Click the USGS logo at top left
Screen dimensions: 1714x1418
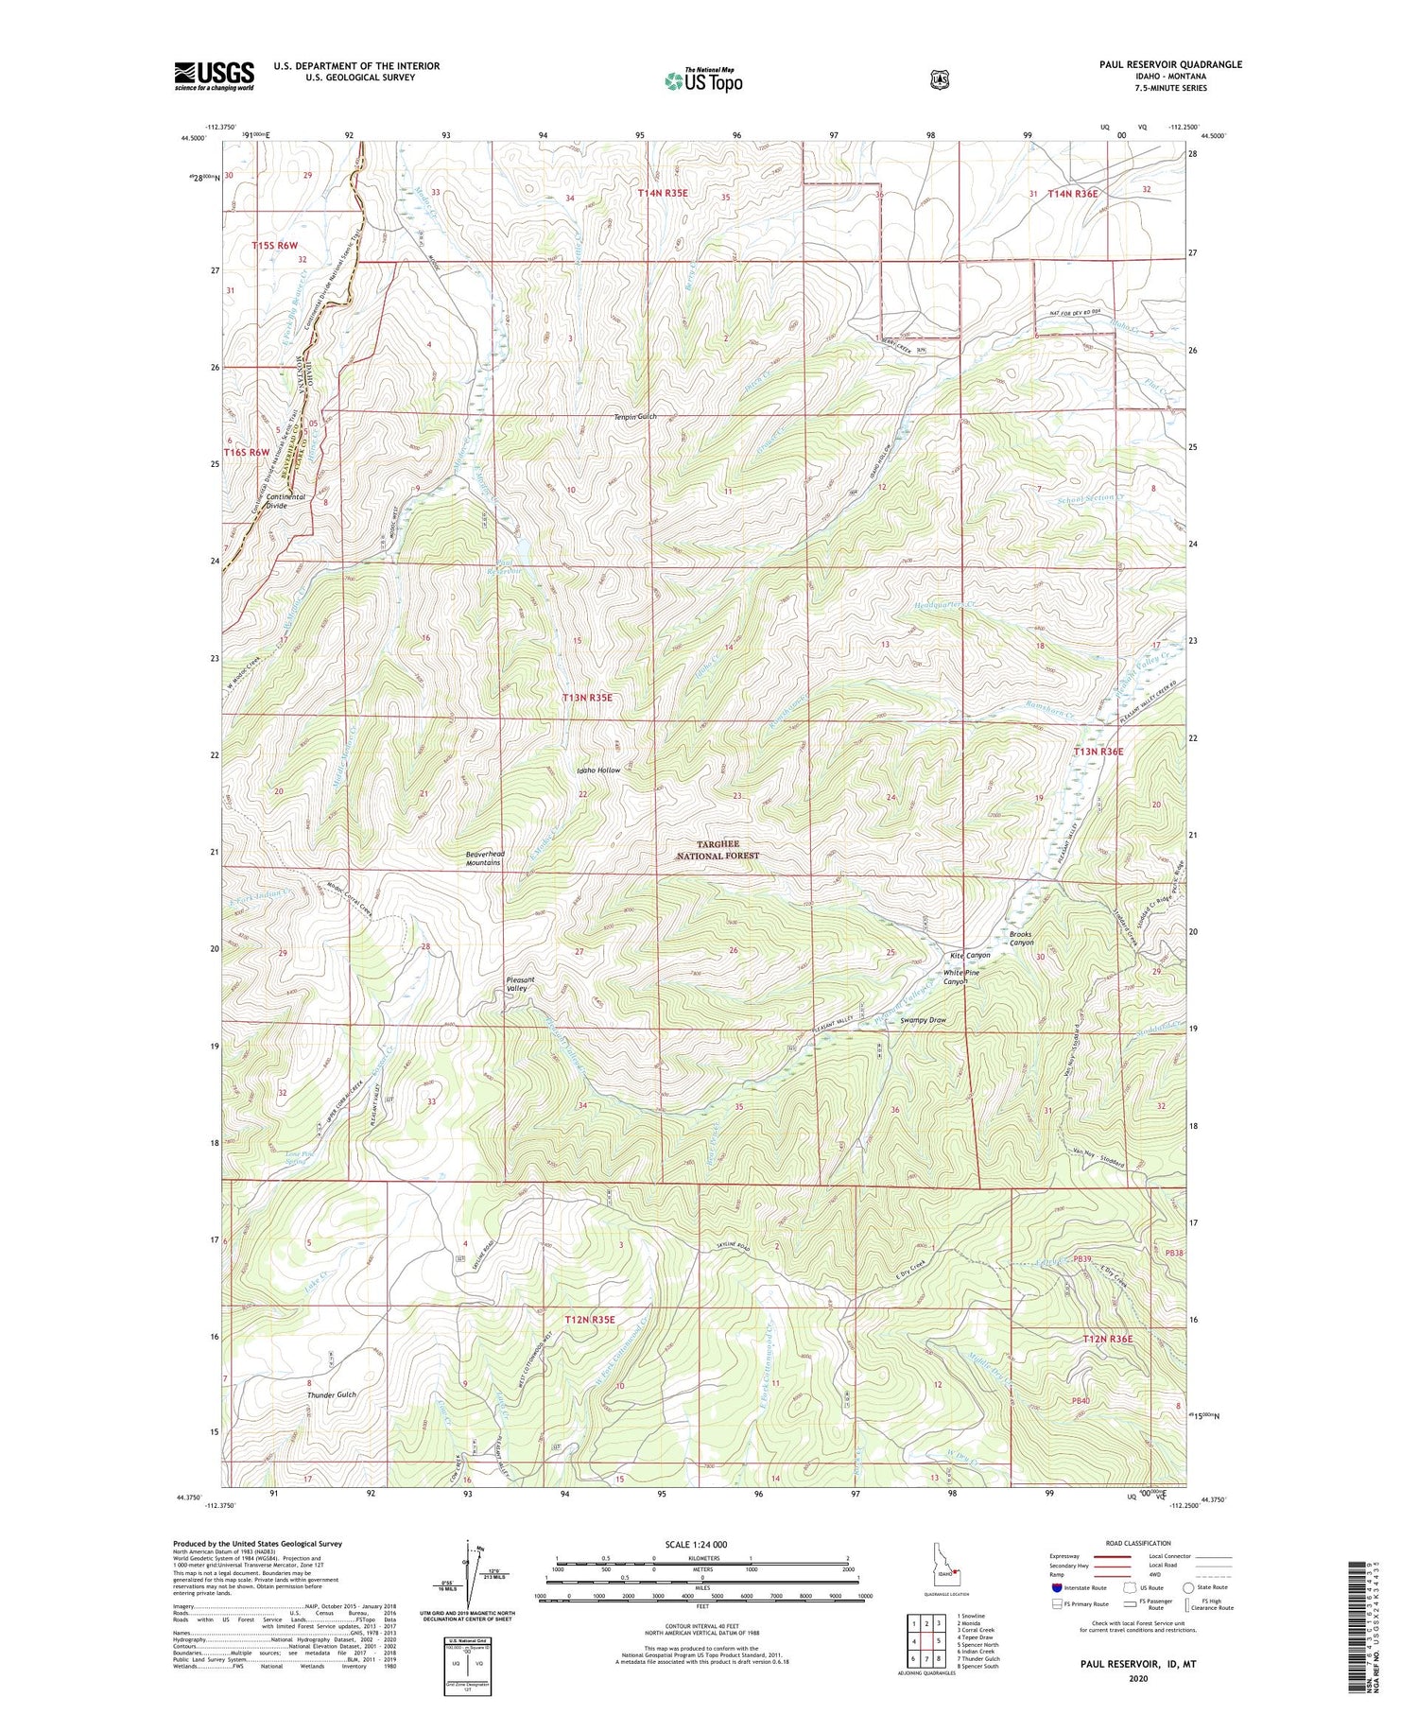(x=214, y=76)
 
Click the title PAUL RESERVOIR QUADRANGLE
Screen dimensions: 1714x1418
(x=1170, y=64)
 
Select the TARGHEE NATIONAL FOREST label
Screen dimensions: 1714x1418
(x=718, y=849)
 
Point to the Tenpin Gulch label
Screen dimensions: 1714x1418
(x=634, y=417)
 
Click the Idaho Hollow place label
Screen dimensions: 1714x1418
(x=598, y=770)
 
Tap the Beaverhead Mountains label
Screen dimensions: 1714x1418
(x=485, y=857)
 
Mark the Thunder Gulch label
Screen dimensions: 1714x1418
(x=332, y=1394)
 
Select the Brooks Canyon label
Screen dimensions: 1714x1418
(x=1021, y=938)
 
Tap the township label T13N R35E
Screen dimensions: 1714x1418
(x=587, y=698)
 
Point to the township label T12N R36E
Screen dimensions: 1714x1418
(x=1107, y=1339)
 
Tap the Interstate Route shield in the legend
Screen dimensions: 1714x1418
(x=1057, y=1588)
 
